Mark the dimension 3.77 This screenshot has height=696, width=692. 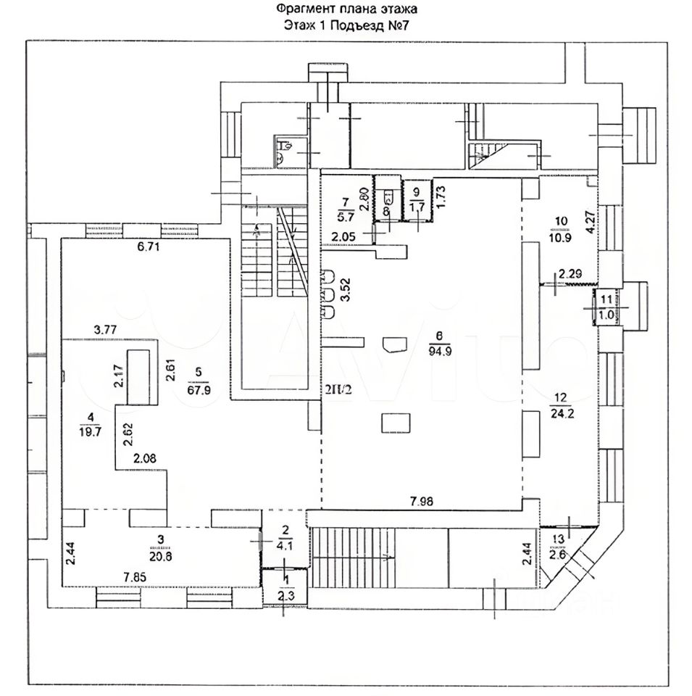pos(106,330)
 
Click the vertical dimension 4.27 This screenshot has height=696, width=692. pos(591,220)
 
